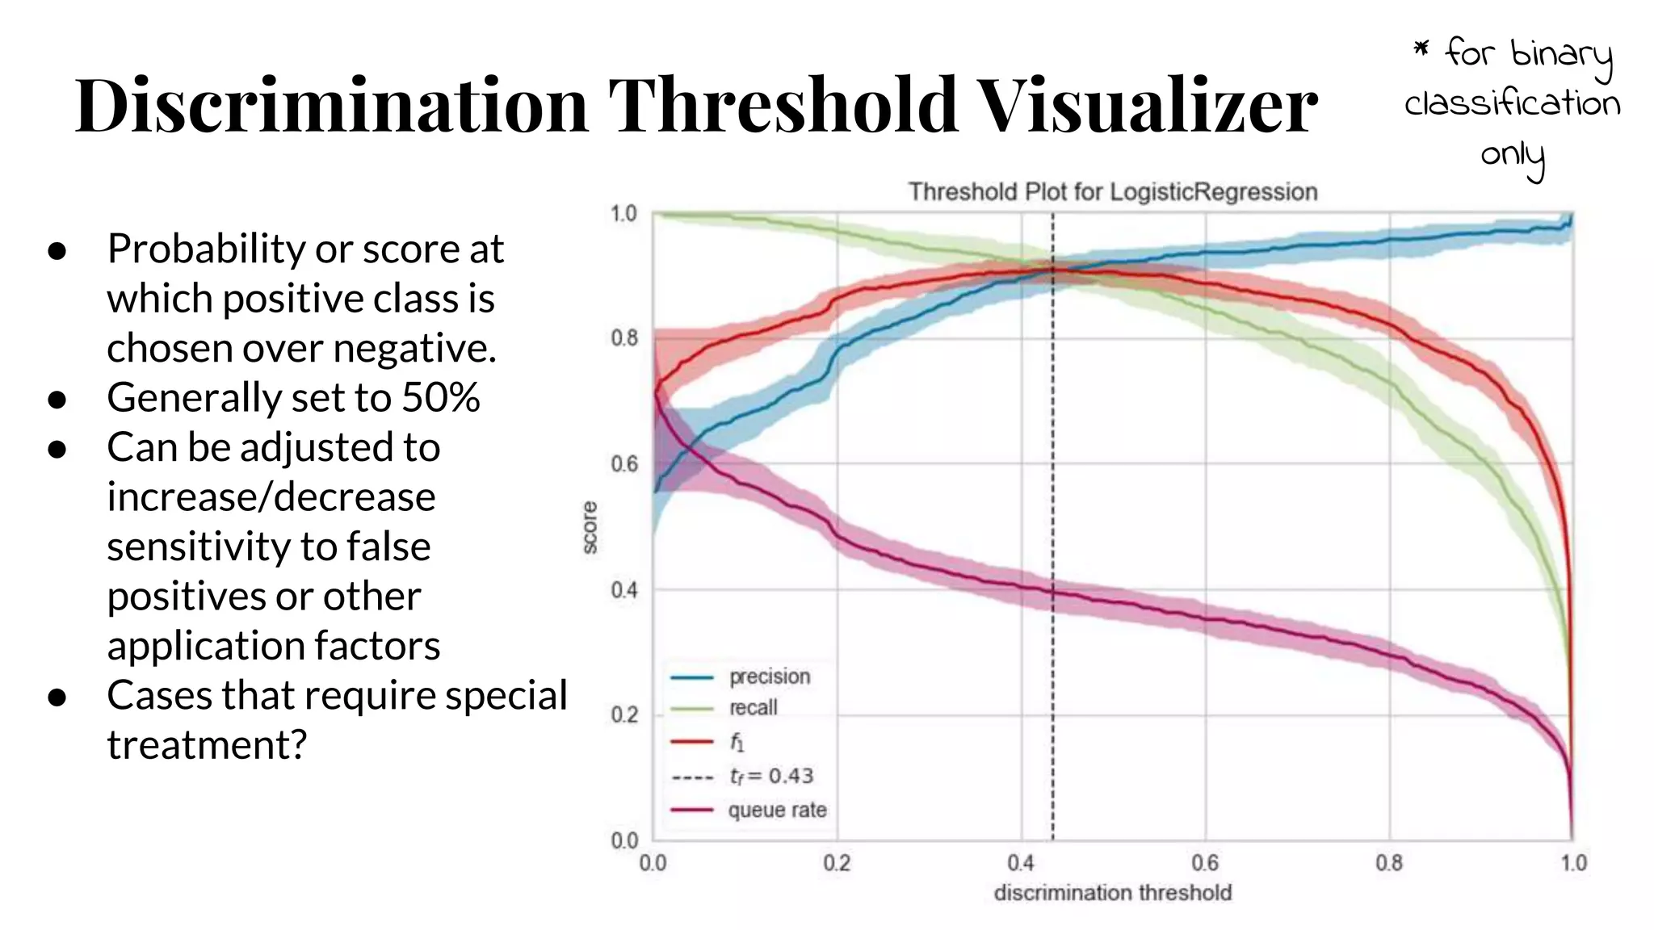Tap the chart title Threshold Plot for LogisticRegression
click(1112, 192)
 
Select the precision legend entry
click(769, 677)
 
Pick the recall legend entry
click(753, 708)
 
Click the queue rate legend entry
click(777, 810)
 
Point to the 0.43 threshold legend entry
click(770, 776)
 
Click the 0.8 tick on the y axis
click(624, 337)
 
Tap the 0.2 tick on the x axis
click(837, 863)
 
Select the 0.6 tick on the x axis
click(1205, 863)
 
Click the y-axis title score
click(590, 527)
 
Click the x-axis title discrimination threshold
click(1112, 893)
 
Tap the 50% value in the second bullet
click(441, 397)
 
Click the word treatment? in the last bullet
click(207, 744)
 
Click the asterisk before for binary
click(1421, 50)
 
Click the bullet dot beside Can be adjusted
click(57, 449)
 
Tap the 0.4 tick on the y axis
click(624, 590)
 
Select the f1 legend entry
click(736, 742)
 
